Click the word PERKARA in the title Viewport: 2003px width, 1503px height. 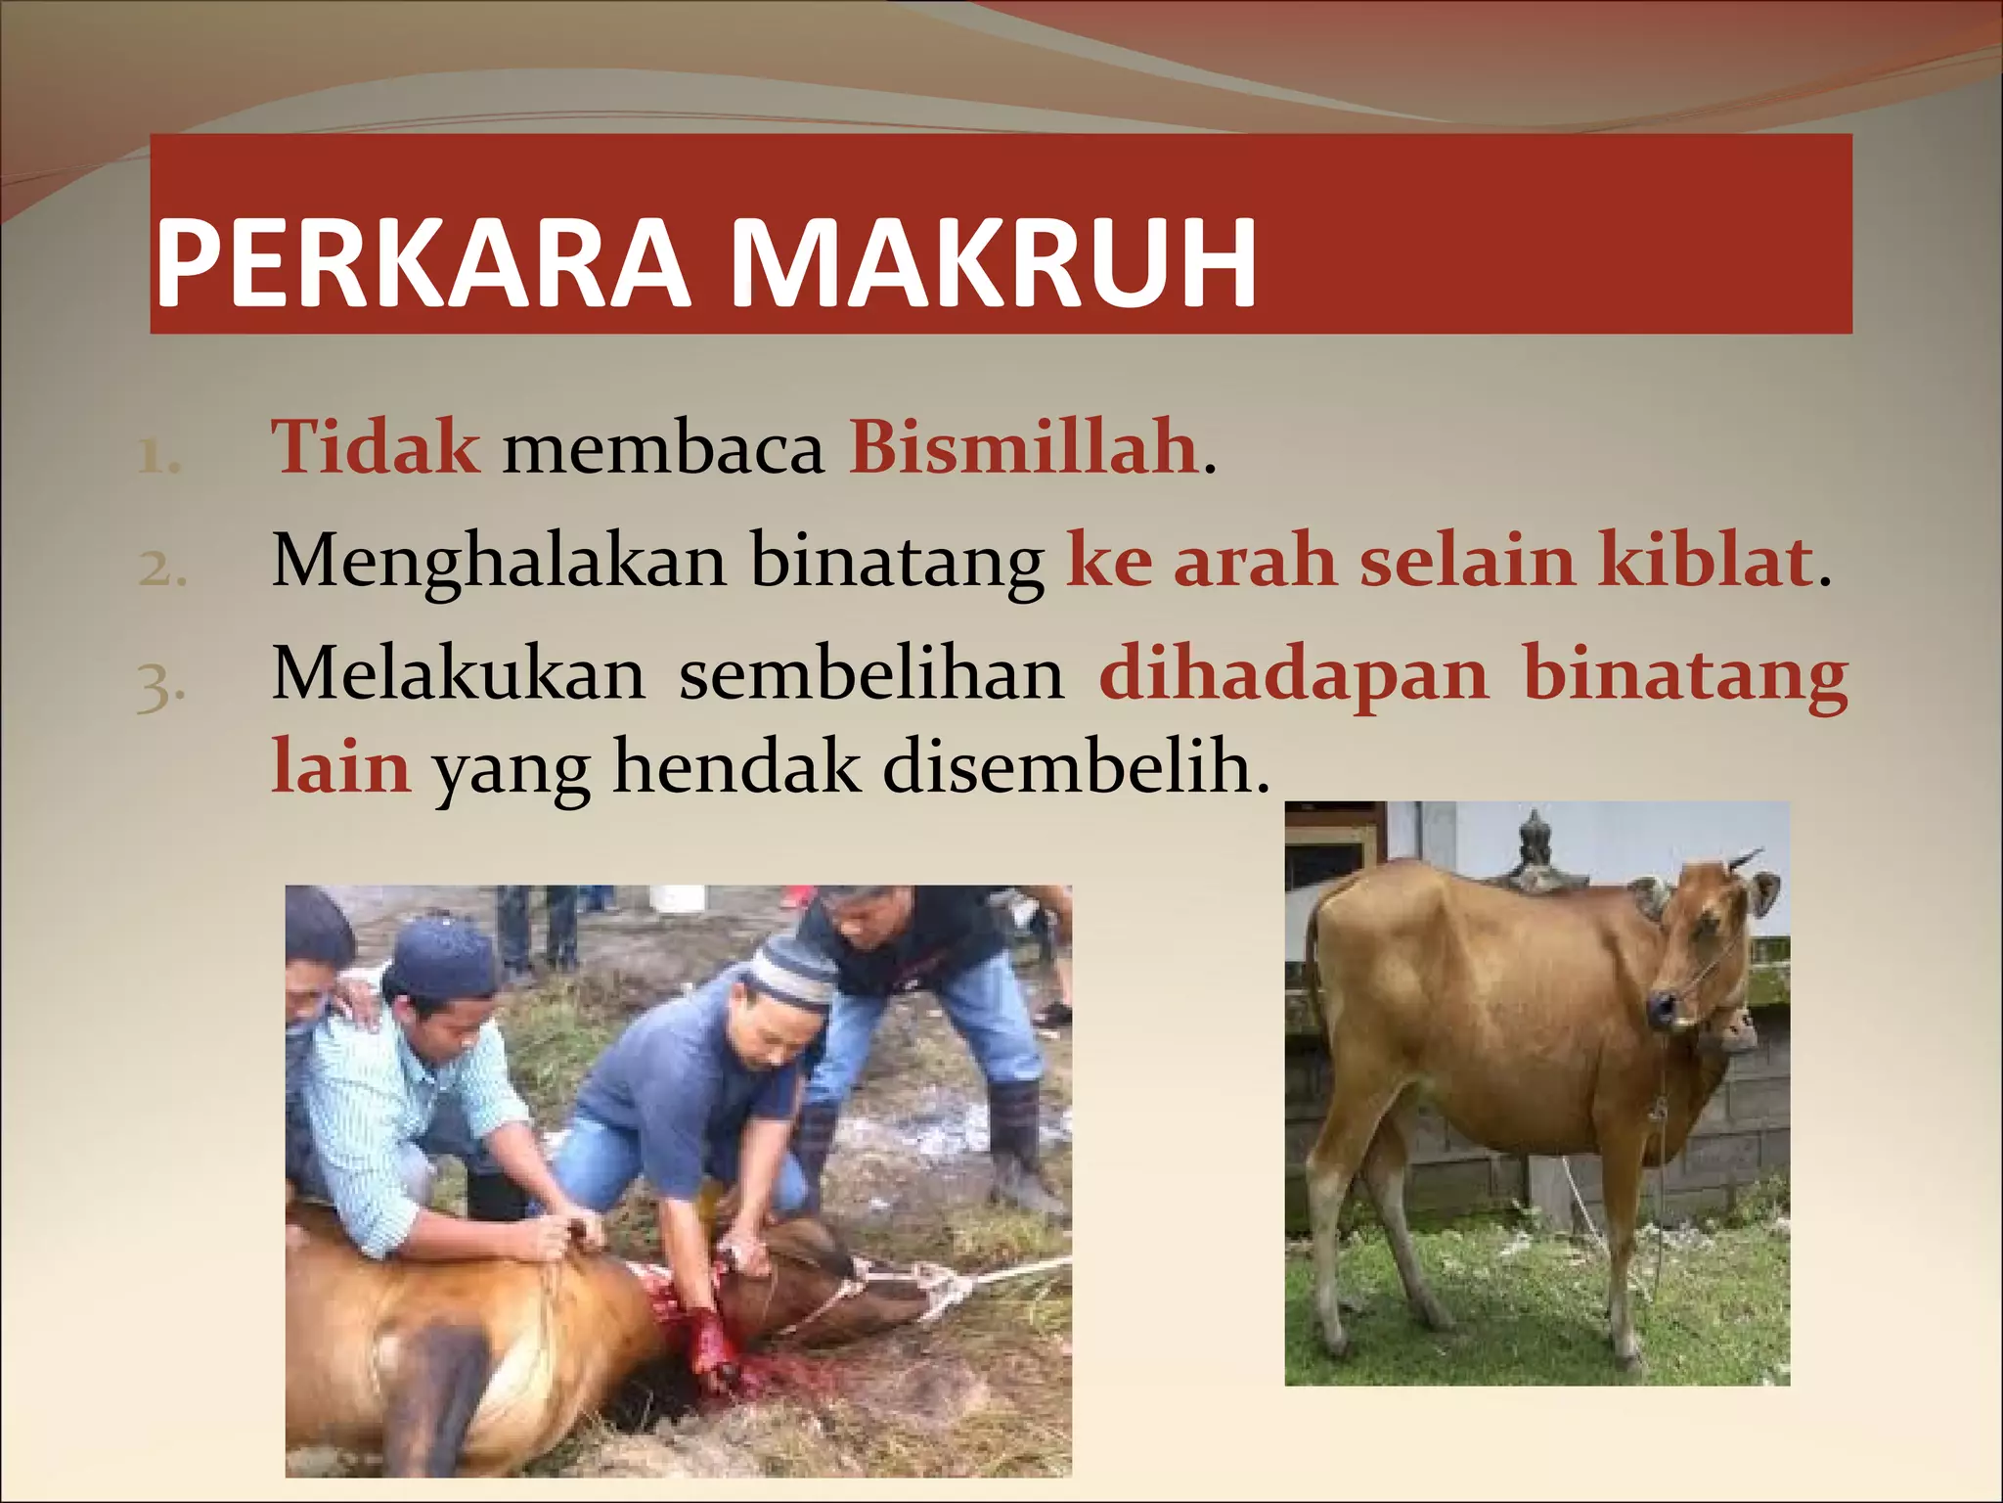coord(421,264)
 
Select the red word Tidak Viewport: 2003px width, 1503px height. coord(376,448)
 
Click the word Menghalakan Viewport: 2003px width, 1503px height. coord(499,563)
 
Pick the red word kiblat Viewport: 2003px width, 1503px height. coord(1706,561)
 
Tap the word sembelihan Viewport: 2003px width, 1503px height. coord(871,675)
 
